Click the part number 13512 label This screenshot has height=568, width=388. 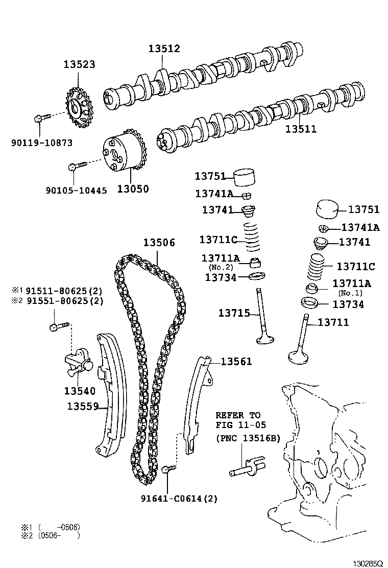click(164, 49)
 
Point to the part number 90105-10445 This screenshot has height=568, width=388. click(76, 190)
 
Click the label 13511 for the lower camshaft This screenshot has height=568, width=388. click(301, 129)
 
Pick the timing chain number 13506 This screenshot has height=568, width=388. click(159, 243)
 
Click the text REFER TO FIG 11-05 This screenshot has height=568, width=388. click(237, 420)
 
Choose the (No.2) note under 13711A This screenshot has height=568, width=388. click(221, 267)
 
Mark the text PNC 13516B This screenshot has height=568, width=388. click(248, 438)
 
